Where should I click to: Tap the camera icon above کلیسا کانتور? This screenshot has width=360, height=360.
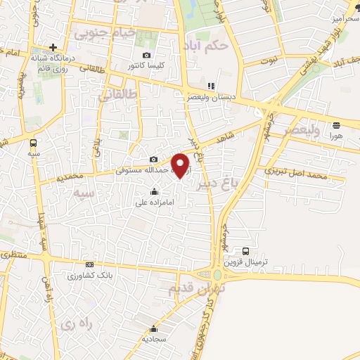tap(146, 56)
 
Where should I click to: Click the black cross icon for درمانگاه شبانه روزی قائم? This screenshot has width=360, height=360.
tap(53, 47)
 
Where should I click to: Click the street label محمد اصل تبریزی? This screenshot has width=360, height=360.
tap(295, 173)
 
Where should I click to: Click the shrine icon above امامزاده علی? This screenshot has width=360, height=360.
tap(153, 191)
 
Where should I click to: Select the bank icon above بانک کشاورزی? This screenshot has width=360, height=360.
tap(89, 264)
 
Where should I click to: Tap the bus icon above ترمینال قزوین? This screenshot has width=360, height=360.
tap(246, 250)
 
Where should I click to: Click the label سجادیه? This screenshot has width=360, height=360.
tap(154, 338)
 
